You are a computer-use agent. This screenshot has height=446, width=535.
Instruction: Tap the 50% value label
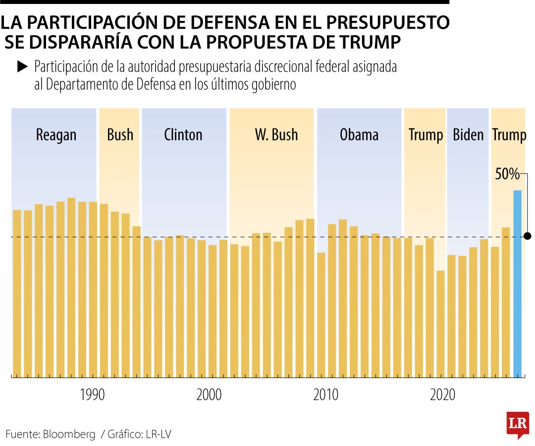507,174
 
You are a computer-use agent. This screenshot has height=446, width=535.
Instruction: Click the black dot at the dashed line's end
528,236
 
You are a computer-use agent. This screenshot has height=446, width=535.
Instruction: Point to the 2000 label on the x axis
209,395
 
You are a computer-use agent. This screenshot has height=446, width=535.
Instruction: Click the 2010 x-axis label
326,395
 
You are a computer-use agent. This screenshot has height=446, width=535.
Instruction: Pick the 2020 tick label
443,395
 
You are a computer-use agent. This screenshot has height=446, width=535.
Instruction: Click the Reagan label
56,135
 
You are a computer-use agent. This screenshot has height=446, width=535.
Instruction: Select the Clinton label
183,135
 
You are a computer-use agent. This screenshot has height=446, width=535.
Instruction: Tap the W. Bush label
276,135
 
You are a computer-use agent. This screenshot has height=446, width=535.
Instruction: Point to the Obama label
359,135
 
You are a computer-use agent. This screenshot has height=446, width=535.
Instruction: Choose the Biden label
468,135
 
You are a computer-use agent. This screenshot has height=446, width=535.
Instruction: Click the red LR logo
517,424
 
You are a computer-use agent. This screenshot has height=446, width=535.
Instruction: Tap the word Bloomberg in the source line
69,435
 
